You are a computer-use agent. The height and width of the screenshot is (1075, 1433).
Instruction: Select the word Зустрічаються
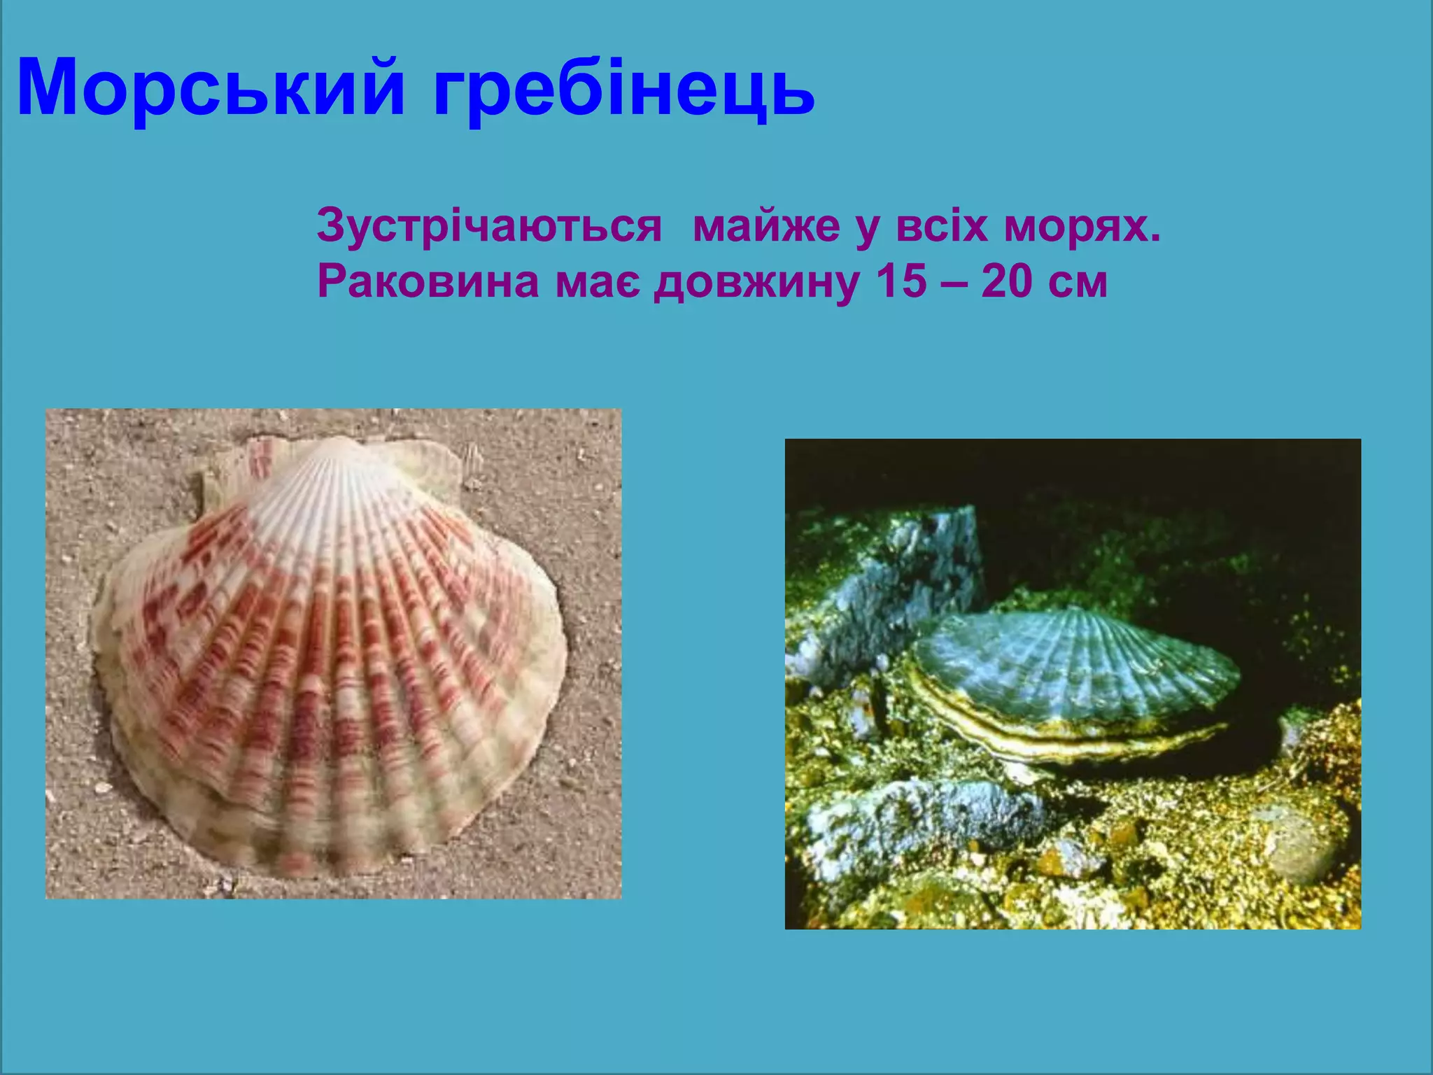point(489,225)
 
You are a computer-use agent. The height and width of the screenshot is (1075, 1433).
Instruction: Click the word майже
point(766,227)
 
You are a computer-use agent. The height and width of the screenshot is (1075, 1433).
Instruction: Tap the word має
point(598,283)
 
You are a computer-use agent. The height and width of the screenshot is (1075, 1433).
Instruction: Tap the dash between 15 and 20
point(954,283)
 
